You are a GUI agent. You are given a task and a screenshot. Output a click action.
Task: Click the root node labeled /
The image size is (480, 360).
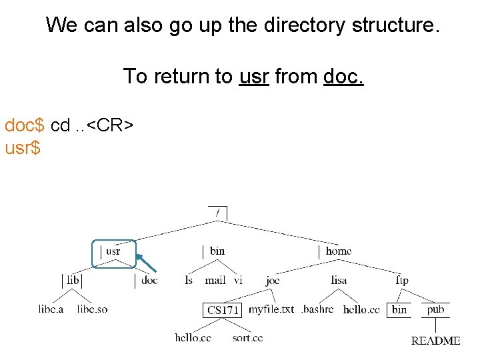pyautogui.click(x=217, y=213)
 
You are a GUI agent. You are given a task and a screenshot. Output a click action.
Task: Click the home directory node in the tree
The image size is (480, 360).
pyautogui.click(x=339, y=251)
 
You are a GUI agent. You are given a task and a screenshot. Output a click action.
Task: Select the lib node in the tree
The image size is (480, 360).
pyautogui.click(x=73, y=281)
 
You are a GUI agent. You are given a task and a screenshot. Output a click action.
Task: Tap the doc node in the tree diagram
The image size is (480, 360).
pyautogui.click(x=150, y=281)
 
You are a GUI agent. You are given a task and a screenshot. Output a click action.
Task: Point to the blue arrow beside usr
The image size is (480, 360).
pyautogui.click(x=146, y=263)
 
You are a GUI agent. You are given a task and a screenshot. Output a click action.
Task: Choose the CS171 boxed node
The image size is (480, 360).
pyautogui.click(x=223, y=310)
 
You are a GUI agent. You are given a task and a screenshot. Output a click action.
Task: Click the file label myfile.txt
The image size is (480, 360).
pyautogui.click(x=271, y=309)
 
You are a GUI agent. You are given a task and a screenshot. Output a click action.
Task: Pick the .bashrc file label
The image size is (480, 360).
pyautogui.click(x=317, y=309)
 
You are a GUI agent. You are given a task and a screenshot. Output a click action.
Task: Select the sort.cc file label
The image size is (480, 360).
pyautogui.click(x=247, y=338)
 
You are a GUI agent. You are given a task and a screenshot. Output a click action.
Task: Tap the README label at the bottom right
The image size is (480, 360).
pyautogui.click(x=435, y=341)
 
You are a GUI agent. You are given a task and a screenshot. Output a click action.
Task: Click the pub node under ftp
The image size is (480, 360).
pyautogui.click(x=435, y=309)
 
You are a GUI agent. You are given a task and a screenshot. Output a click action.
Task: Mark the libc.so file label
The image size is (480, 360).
pyautogui.click(x=92, y=309)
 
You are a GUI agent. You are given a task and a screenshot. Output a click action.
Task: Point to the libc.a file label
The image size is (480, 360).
pyautogui.click(x=51, y=309)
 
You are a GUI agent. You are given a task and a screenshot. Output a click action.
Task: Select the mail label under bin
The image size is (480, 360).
pyautogui.click(x=215, y=281)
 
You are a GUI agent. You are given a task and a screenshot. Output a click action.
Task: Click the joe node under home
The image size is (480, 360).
pyautogui.click(x=273, y=281)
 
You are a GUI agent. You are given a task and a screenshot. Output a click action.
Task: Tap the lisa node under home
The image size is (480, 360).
pyautogui.click(x=339, y=281)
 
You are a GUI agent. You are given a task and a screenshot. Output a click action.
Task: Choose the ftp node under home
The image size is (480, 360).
pyautogui.click(x=401, y=281)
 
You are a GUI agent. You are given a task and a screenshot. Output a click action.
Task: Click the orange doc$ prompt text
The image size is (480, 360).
pyautogui.click(x=25, y=125)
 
